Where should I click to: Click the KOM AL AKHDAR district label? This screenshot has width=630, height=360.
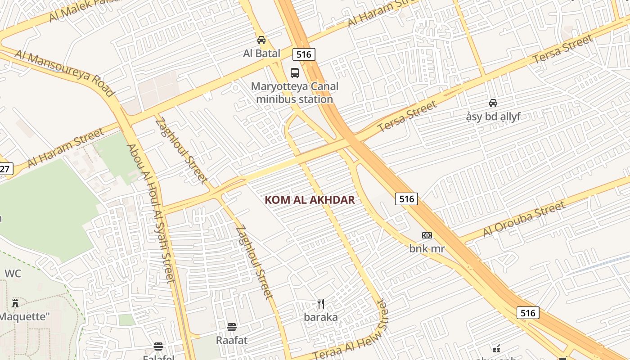click(310, 200)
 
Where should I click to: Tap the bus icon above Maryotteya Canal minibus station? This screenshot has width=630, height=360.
click(295, 72)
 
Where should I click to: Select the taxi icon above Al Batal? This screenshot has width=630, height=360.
click(261, 40)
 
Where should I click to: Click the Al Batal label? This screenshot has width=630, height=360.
click(261, 54)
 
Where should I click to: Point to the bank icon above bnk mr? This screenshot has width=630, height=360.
click(427, 235)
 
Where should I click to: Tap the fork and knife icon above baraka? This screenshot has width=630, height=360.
click(321, 304)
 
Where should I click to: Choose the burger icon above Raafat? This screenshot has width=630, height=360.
click(232, 327)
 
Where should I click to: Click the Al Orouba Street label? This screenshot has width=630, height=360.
click(523, 219)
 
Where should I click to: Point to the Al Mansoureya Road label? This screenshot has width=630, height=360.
click(64, 73)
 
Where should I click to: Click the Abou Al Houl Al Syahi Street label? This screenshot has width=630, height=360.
click(150, 213)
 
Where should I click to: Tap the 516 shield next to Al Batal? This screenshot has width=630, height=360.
click(304, 54)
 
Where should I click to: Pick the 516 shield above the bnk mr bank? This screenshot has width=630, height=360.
click(406, 198)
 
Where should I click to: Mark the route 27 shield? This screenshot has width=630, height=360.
click(5, 169)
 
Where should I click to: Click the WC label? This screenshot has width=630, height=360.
click(13, 274)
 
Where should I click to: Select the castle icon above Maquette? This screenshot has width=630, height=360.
click(16, 303)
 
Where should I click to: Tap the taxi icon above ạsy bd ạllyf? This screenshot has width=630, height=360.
click(493, 103)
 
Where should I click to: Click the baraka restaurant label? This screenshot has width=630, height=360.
click(321, 317)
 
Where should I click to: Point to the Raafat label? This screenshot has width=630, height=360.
click(232, 340)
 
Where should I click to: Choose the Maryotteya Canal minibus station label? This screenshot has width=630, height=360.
click(295, 93)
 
